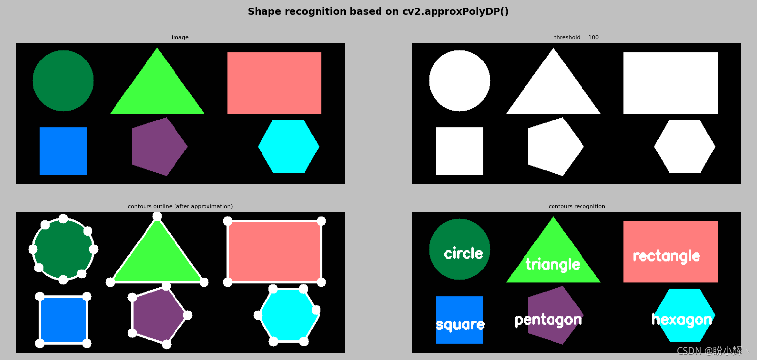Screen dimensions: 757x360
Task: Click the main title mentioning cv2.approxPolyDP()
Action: [x=378, y=11]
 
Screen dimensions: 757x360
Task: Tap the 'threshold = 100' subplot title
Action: [x=576, y=37]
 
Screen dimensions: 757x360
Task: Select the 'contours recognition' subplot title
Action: [x=577, y=206]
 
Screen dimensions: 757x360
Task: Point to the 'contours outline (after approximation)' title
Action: [x=180, y=206]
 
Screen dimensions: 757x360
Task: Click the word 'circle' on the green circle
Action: [x=464, y=253]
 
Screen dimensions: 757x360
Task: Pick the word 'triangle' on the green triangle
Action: [x=553, y=264]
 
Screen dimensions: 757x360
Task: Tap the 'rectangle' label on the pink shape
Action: [x=667, y=256]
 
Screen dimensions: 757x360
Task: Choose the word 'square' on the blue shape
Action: [x=460, y=325]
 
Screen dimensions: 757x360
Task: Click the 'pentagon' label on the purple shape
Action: [x=548, y=320]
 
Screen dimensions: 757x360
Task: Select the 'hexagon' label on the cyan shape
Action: [x=682, y=320]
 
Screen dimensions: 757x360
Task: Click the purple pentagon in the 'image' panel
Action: [x=158, y=147]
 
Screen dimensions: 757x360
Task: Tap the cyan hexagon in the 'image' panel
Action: [x=289, y=147]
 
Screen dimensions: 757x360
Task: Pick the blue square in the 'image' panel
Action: [x=63, y=151]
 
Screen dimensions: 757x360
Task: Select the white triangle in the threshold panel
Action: [x=553, y=88]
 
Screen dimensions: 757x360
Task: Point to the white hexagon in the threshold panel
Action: [x=685, y=147]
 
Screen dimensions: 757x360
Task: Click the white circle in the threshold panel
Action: [x=459, y=81]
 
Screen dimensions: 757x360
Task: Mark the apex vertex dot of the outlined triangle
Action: [x=157, y=216]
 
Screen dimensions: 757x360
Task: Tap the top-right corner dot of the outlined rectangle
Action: [x=321, y=221]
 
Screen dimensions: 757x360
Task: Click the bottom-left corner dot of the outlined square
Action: [x=40, y=343]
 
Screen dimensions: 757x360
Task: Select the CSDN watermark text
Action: [x=712, y=351]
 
